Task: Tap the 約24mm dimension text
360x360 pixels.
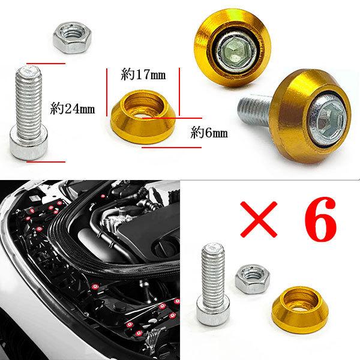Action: click(x=73, y=110)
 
